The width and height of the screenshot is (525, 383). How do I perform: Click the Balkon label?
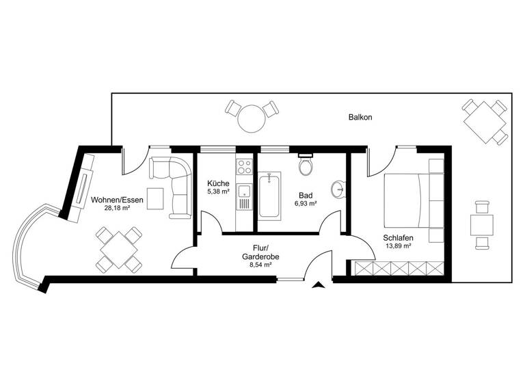tap(360, 118)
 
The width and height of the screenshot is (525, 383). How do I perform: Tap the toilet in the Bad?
tap(306, 166)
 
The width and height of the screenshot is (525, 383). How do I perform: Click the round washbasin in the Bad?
tap(338, 189)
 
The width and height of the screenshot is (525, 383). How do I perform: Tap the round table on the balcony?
tap(252, 118)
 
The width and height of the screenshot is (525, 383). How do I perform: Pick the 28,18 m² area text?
tap(117, 209)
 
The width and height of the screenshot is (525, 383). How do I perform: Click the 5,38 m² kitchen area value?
tap(218, 194)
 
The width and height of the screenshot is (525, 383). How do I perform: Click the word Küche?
tap(218, 184)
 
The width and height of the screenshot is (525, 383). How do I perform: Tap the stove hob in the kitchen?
tap(243, 166)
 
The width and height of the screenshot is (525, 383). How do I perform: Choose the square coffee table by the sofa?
tap(155, 198)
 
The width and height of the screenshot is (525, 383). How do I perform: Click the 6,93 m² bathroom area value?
tap(306, 204)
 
